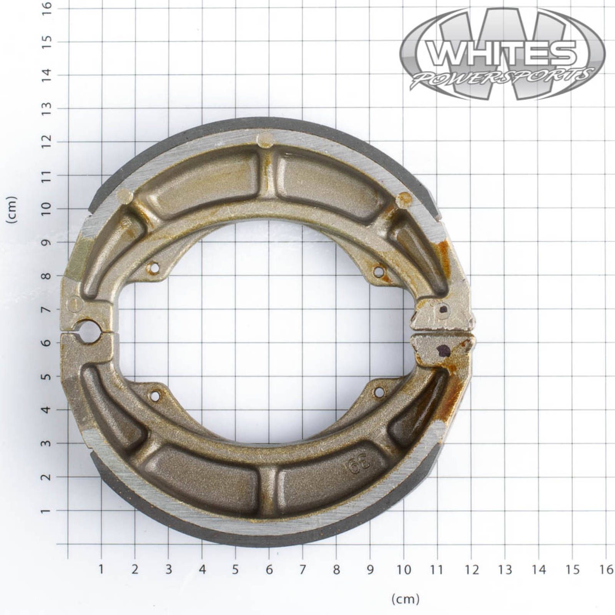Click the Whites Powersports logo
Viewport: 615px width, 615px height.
pyautogui.click(x=502, y=54)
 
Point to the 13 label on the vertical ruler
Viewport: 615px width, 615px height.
pyautogui.click(x=47, y=108)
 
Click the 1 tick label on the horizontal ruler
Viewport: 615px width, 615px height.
pyautogui.click(x=101, y=570)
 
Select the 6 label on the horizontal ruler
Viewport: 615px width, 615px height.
pyautogui.click(x=269, y=570)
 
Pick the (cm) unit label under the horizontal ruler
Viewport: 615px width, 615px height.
pyautogui.click(x=405, y=598)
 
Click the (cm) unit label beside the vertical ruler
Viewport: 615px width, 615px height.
pyautogui.click(x=13, y=209)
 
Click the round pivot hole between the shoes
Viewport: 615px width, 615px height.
pyautogui.click(x=89, y=332)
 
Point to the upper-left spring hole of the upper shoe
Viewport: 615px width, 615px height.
pyautogui.click(x=155, y=268)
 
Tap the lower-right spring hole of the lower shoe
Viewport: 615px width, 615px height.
pyautogui.click(x=379, y=392)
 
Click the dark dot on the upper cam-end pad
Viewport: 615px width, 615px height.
pyautogui.click(x=443, y=309)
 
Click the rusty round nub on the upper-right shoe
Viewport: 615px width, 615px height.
pyautogui.click(x=403, y=199)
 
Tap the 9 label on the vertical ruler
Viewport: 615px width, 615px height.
pyautogui.click(x=47, y=243)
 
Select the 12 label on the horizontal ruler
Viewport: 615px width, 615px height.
pyautogui.click(x=471, y=570)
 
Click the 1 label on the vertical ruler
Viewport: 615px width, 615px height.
pyautogui.click(x=47, y=511)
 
